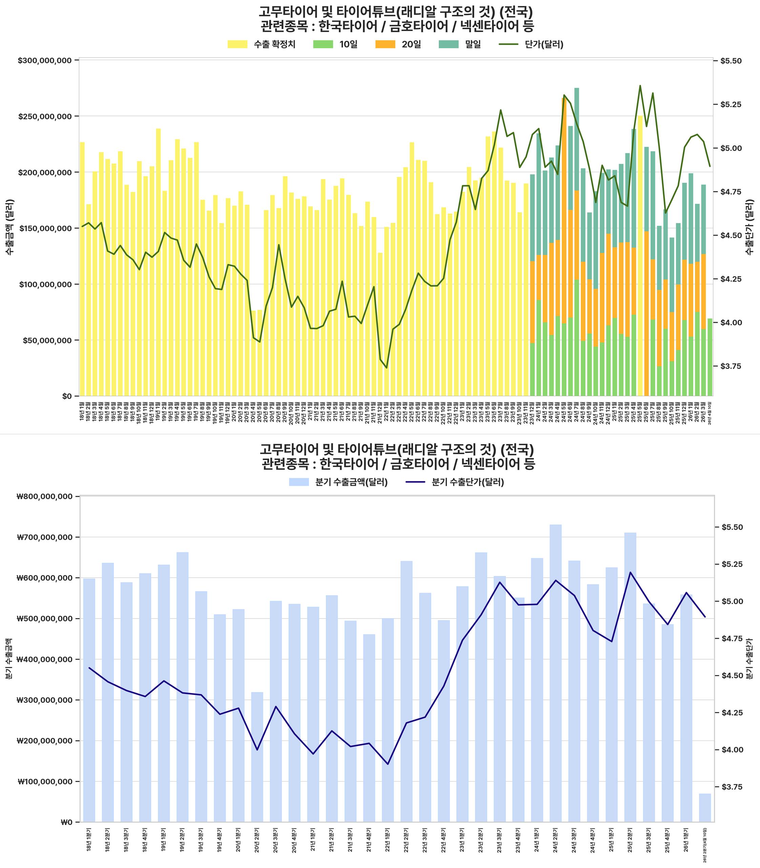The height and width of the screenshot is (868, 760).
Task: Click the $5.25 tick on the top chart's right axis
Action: (x=731, y=104)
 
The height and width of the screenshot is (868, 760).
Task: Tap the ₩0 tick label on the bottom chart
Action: (x=67, y=822)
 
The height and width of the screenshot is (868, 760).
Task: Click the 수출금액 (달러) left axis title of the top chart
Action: (x=10, y=227)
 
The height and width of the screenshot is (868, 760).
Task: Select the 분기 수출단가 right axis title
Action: (x=750, y=659)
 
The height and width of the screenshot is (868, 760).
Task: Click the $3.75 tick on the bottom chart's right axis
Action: (x=731, y=787)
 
